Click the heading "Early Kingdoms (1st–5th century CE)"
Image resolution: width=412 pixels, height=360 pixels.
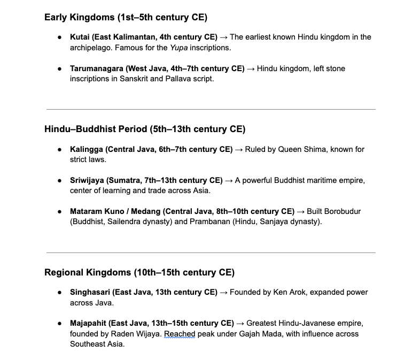[x=125, y=17]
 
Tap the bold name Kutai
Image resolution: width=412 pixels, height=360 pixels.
[x=80, y=37]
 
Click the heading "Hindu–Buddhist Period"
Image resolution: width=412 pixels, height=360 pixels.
[x=144, y=129]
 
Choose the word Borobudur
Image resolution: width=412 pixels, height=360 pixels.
[x=342, y=211]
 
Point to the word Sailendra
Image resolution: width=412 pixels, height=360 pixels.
[x=126, y=221]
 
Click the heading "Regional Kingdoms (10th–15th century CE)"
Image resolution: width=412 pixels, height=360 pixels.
[x=139, y=272]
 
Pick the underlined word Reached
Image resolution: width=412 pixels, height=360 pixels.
[x=180, y=334]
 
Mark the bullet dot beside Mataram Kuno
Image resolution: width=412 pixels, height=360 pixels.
[x=60, y=211]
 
